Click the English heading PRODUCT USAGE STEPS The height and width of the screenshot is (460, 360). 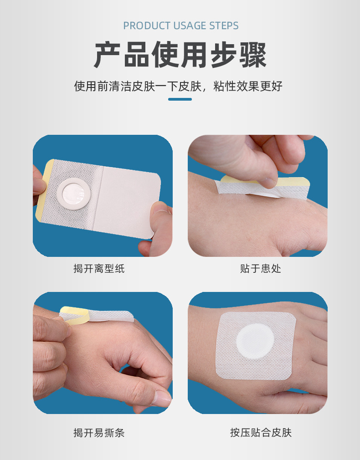point(180,26)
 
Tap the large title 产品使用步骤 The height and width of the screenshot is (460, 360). point(180,55)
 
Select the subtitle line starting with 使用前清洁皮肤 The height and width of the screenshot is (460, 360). point(179,86)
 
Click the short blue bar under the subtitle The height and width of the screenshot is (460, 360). point(180,99)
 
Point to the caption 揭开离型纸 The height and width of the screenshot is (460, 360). point(99,269)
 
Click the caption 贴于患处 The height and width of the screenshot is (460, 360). point(261,269)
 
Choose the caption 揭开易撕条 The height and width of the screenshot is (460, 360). point(99,433)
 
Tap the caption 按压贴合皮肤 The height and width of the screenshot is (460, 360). point(261,433)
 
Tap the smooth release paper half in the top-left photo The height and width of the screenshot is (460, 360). point(130,200)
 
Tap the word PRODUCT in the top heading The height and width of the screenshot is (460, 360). point(143,26)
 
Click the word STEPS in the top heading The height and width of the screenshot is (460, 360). point(223,26)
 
